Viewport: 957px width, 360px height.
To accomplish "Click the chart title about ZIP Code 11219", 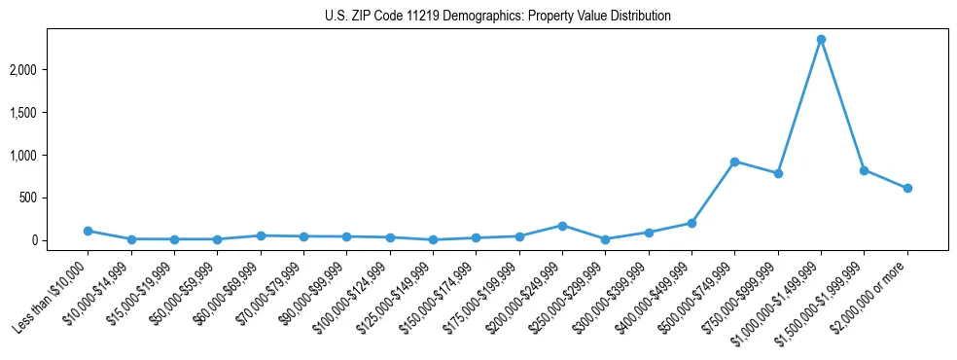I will pyautogui.click(x=497, y=17).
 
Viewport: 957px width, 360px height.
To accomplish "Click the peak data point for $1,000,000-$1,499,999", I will pyautogui.click(x=821, y=39).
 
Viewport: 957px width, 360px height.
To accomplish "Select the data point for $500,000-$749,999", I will pyautogui.click(x=734, y=162).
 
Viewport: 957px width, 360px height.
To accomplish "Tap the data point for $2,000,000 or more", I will pyautogui.click(x=907, y=188).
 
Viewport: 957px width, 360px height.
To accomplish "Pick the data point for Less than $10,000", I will pyautogui.click(x=88, y=231).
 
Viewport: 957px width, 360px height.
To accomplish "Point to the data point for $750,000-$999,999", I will pyautogui.click(x=778, y=173).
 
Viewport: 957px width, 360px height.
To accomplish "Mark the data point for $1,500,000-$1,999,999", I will pyautogui.click(x=864, y=170).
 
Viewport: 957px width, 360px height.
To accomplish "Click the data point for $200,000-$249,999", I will pyautogui.click(x=562, y=226).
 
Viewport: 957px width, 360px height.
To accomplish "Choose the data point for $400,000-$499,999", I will pyautogui.click(x=691, y=223).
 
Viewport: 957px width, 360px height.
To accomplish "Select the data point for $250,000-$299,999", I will pyautogui.click(x=605, y=239).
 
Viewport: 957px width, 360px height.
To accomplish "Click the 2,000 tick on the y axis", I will pyautogui.click(x=50, y=70).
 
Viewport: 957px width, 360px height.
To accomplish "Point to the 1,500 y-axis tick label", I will pyautogui.click(x=50, y=113).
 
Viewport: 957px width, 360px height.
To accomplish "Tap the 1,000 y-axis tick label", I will pyautogui.click(x=50, y=156).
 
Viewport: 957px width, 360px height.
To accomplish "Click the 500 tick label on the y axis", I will pyautogui.click(x=55, y=198).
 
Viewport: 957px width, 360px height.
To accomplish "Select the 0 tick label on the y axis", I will pyautogui.click(x=60, y=240).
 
